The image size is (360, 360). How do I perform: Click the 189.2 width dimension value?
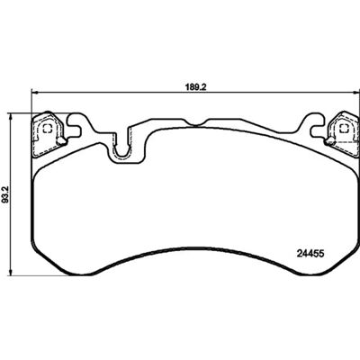click(x=196, y=86)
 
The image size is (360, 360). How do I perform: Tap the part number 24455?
click(x=310, y=254)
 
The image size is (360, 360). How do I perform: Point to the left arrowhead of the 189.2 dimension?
click(x=34, y=92)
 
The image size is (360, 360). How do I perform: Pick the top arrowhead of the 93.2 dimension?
click(x=11, y=116)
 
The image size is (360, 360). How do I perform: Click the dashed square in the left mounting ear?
click(x=47, y=130)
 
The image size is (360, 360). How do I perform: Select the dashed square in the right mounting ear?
click(x=343, y=129)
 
